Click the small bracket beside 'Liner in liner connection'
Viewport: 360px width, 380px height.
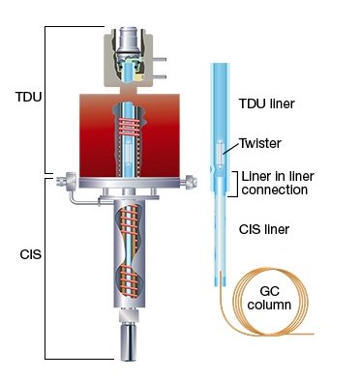click(234, 183)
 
